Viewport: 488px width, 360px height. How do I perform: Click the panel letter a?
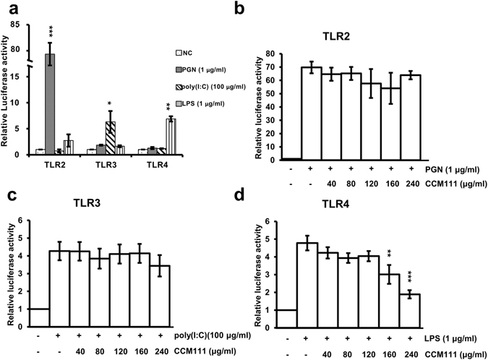8,9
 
